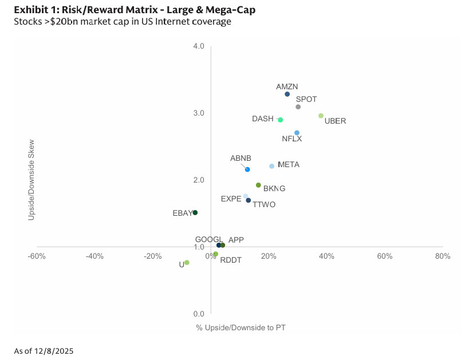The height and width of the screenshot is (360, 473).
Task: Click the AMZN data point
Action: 287,94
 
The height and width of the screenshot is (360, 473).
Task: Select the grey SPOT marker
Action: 298,107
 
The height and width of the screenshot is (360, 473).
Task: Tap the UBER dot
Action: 321,116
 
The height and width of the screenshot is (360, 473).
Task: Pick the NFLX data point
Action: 297,133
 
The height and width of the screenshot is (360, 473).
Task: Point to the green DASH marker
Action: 280,120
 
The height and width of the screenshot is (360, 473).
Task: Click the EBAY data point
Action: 195,213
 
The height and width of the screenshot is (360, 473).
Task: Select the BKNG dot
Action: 258,185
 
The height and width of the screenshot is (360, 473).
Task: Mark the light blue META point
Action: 271,167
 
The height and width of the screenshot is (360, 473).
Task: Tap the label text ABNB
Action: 241,159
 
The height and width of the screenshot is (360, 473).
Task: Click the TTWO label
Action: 264,205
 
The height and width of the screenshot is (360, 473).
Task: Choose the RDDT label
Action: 231,260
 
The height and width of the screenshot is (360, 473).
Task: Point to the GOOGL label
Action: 208,240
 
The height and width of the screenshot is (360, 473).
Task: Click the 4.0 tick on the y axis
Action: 199,46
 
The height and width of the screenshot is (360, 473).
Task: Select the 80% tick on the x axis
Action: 443,256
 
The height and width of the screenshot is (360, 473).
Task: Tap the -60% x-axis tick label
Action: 37,256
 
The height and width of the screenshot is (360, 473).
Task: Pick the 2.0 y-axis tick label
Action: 199,180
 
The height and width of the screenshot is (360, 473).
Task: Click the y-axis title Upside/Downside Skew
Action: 31,180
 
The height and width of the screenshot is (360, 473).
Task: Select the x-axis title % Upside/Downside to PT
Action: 241,328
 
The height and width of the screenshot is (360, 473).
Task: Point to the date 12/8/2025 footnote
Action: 54,351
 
